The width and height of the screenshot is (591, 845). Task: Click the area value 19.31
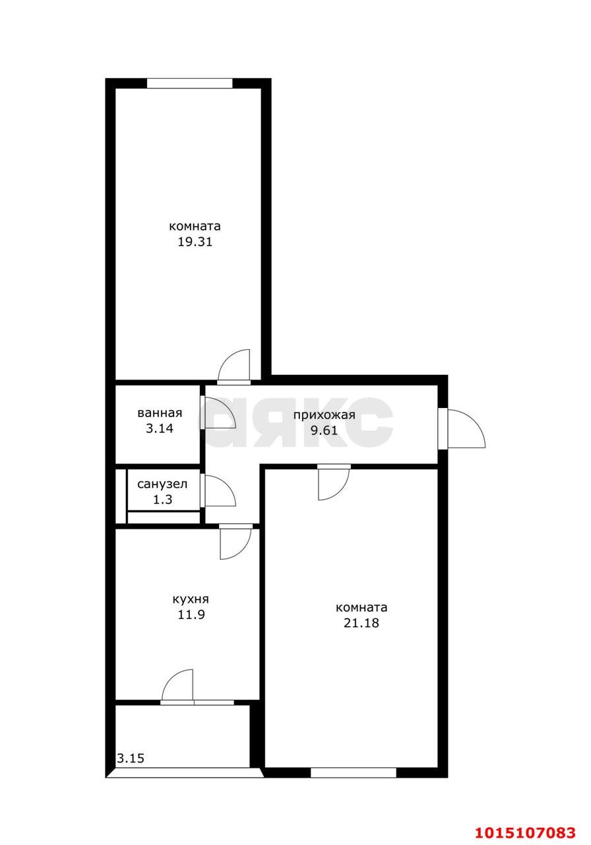point(195,242)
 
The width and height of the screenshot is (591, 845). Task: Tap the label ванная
point(160,413)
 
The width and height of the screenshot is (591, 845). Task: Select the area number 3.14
point(160,428)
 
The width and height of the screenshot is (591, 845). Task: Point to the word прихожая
point(324,415)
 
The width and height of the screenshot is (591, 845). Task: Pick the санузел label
point(162,484)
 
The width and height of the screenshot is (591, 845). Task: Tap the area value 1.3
point(162,500)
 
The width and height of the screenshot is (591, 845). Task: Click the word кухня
point(191,599)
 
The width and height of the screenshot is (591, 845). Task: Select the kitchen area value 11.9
point(191,615)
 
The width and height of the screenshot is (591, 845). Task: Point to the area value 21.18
point(361,623)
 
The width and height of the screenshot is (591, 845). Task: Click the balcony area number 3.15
point(131,759)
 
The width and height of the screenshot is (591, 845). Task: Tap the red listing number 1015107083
point(525,832)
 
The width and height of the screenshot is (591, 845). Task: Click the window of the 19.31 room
point(189,83)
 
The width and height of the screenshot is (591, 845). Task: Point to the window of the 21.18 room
point(354,772)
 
